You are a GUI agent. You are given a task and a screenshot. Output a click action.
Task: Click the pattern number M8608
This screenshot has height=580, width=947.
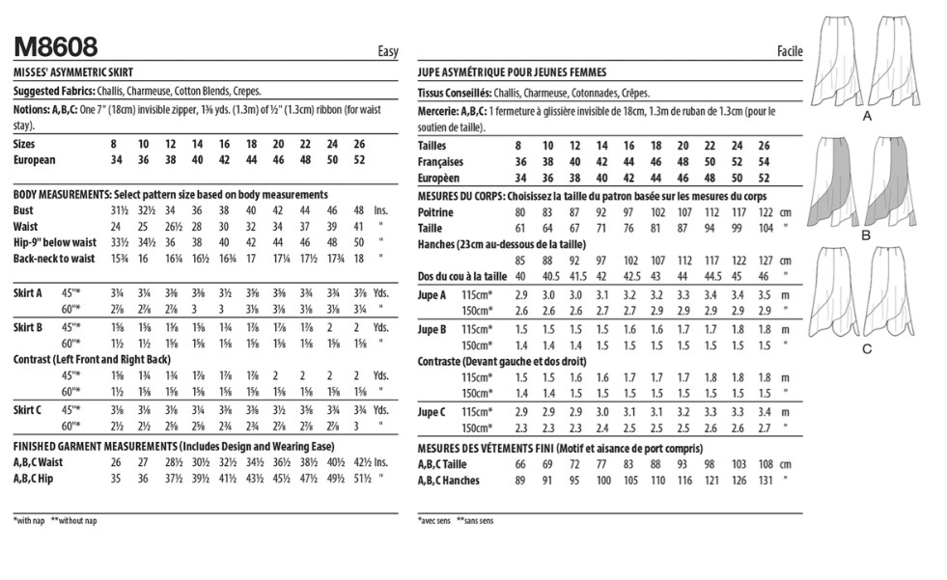coord(56,47)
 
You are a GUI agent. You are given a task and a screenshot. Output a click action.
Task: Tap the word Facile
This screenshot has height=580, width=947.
coord(790,53)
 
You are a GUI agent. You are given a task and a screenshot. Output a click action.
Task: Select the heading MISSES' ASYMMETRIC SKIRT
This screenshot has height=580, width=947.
coord(73,72)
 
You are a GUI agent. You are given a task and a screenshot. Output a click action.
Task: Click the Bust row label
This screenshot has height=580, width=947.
coord(24,210)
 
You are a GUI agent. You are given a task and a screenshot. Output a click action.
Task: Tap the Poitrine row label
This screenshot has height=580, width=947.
coord(437,211)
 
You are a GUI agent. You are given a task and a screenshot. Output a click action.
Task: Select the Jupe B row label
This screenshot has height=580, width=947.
coord(433,329)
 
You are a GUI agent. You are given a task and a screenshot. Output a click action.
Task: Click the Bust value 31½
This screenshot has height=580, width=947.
coord(120,210)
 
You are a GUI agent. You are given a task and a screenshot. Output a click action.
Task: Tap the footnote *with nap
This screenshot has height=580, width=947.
coord(30,520)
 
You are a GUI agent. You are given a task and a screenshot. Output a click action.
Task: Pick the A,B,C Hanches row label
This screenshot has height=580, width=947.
coord(450,480)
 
